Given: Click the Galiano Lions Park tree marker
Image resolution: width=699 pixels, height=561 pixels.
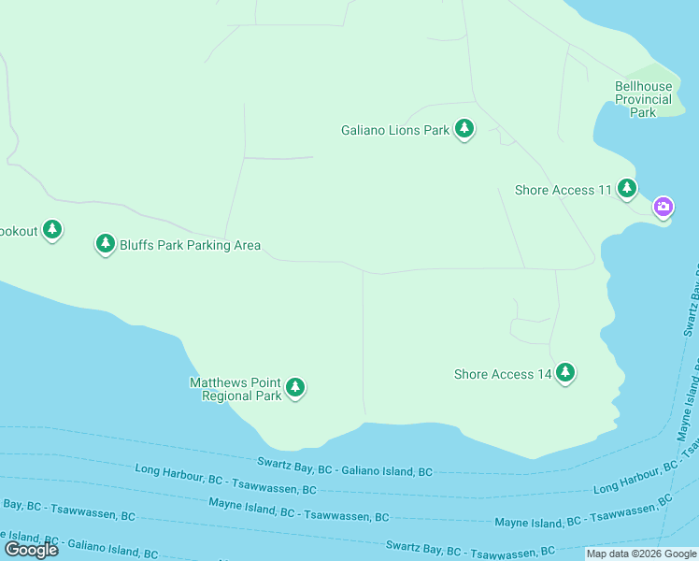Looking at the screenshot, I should tap(464, 129).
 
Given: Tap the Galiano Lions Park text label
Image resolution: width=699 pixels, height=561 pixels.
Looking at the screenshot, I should tap(395, 131).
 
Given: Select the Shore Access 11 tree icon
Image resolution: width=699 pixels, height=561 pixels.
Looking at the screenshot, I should tap(626, 189).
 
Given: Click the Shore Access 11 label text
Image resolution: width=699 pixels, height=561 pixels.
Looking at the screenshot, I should tap(563, 190).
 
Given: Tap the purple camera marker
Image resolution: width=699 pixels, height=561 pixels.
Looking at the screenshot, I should tap(663, 207).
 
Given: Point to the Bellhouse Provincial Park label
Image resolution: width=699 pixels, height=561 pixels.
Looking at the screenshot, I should tap(643, 99).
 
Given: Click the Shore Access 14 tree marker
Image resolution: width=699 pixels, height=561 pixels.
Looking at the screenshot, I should tap(564, 373).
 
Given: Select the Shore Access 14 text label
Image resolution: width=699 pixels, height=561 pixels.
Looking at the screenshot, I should tap(503, 374).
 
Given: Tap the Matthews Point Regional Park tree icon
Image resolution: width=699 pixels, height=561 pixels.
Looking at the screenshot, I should tap(295, 387).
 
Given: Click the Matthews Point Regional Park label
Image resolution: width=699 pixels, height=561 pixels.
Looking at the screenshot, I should tap(235, 389).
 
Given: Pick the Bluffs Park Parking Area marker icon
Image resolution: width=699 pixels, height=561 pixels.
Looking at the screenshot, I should tap(106, 244).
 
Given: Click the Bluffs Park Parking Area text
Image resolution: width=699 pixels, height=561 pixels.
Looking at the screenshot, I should tap(190, 245).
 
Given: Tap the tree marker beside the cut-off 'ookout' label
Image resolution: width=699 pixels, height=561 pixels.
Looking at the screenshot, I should tap(53, 229).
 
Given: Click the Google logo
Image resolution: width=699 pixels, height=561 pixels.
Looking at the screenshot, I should tap(31, 550).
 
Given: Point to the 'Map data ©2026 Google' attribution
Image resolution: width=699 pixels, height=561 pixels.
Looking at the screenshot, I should tap(641, 554).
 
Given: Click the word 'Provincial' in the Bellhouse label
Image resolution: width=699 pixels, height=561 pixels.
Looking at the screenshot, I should tap(643, 99).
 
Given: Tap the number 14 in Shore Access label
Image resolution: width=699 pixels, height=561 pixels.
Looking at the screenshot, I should tap(544, 374).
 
